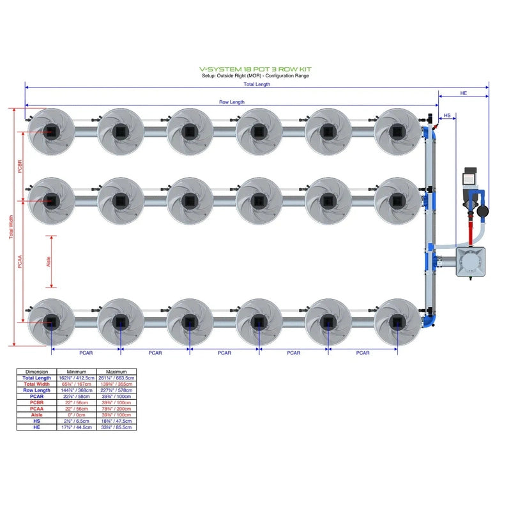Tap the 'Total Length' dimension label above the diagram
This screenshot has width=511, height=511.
257,84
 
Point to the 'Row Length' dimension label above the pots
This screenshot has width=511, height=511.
232,102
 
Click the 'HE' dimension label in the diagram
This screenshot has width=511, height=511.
464,93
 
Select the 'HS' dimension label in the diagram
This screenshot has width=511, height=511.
447,116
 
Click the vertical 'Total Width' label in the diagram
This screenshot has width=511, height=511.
11,227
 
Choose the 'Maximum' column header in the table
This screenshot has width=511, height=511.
116,371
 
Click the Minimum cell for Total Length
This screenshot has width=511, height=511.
77,378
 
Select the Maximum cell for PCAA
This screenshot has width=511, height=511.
116,409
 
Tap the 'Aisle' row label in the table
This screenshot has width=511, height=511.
36,416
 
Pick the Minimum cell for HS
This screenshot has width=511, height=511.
77,422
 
